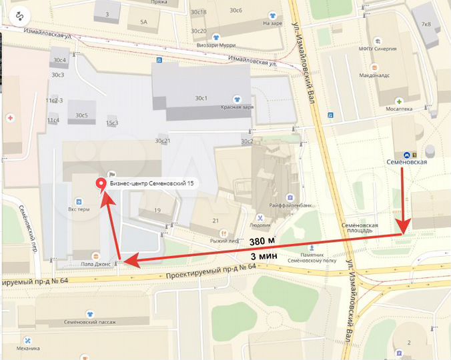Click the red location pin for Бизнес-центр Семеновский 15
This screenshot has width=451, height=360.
[x=101, y=185]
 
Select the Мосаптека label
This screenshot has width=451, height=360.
[x=399, y=109]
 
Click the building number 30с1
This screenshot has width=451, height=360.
[x=201, y=98]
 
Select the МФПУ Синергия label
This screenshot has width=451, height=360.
[x=396, y=49]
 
